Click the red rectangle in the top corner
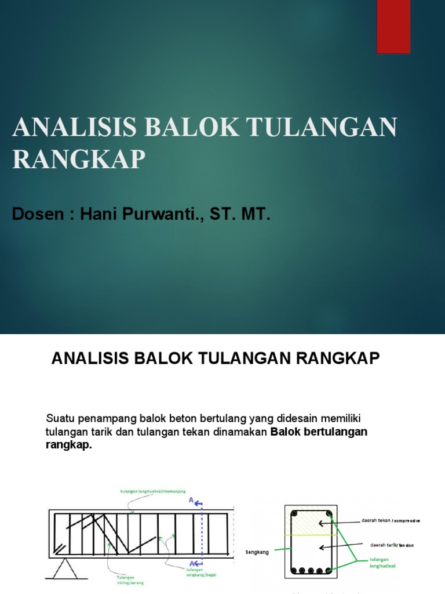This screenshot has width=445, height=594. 393,26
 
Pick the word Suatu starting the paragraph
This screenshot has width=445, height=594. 59,418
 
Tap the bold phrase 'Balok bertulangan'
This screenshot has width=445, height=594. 319,432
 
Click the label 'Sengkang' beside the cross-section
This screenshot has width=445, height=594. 257,552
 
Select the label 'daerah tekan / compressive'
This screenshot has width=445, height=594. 391,521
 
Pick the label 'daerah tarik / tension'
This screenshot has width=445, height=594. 392,545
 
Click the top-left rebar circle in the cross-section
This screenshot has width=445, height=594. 294,514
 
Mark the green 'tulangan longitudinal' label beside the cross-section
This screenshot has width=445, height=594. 382,563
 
